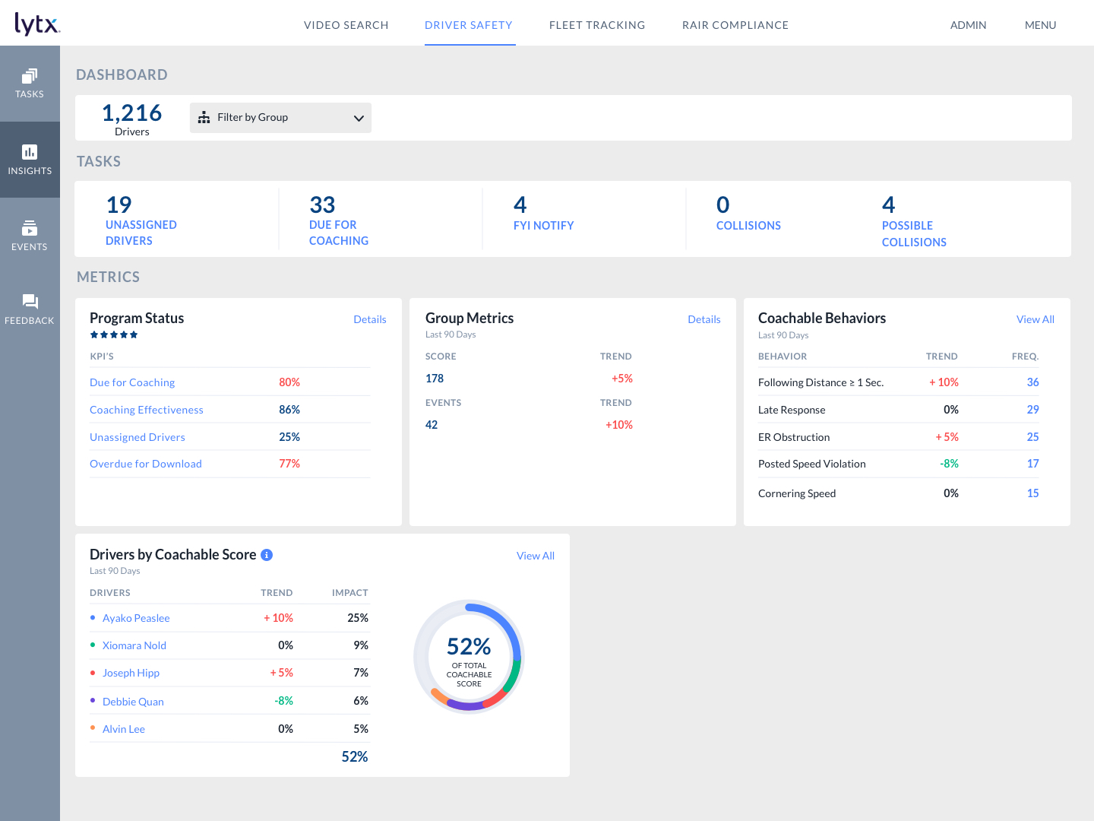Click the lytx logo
tap(37, 24)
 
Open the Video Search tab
tap(346, 25)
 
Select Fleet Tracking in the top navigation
tap(596, 25)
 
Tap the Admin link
tap(968, 25)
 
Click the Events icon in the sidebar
tap(30, 228)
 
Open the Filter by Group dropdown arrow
tap(359, 118)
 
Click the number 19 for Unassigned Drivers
tap(119, 204)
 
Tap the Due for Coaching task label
tap(338, 233)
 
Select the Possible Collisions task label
tap(913, 233)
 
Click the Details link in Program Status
tap(369, 319)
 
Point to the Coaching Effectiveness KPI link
tap(147, 410)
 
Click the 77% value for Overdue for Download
tap(289, 464)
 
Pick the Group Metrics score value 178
tap(435, 379)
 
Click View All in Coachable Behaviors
tap(1035, 319)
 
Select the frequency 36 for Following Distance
tap(1032, 382)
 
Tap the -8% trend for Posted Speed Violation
tap(949, 464)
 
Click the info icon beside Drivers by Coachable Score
tap(267, 555)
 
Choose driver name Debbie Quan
tap(133, 702)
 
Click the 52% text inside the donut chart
tap(469, 646)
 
